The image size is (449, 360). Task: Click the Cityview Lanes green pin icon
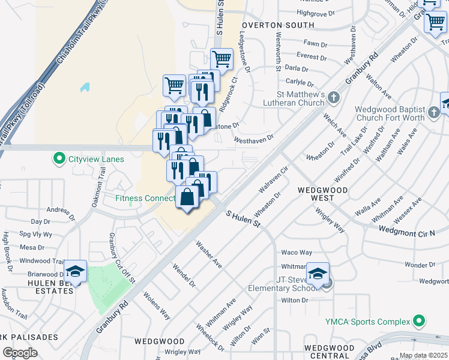59,159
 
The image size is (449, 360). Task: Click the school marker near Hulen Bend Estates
76,272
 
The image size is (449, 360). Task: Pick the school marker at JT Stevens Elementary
317,274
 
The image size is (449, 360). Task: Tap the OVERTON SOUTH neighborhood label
278,25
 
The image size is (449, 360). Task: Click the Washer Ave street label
209,255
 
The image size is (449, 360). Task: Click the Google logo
20,353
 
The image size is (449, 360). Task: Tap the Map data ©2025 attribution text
423,356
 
